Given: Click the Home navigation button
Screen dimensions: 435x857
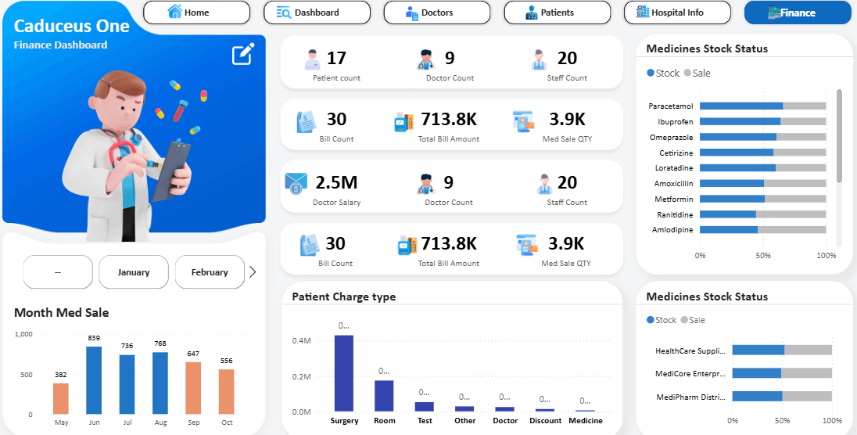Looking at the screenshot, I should point(196,13).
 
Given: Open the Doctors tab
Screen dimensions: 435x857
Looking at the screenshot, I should point(436,13).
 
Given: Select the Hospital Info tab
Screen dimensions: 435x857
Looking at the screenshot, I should point(676,13).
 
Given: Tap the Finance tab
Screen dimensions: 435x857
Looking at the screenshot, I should point(797,13).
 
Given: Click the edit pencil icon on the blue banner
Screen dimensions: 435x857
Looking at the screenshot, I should point(243,55).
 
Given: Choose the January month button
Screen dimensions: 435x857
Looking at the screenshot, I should point(134,272).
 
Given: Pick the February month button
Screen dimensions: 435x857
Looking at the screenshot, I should point(210,272).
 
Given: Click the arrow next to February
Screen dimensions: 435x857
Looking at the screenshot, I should point(253,272).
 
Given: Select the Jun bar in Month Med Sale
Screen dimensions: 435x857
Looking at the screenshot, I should point(94,380).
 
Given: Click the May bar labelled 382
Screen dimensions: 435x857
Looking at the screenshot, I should point(61,398).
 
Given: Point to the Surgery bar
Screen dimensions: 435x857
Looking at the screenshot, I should point(344,373).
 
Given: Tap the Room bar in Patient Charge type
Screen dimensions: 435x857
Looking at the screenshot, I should point(384,395).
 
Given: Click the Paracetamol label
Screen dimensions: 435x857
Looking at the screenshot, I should point(671,106).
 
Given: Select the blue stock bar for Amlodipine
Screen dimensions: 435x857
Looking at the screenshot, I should point(729,229).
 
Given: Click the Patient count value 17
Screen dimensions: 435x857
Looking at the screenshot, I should point(336,58).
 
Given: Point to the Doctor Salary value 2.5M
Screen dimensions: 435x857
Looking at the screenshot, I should point(336,182).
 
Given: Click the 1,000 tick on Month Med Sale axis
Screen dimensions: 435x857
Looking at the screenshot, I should point(23,334).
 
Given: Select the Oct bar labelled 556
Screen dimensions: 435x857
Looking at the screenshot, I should point(227,391).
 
